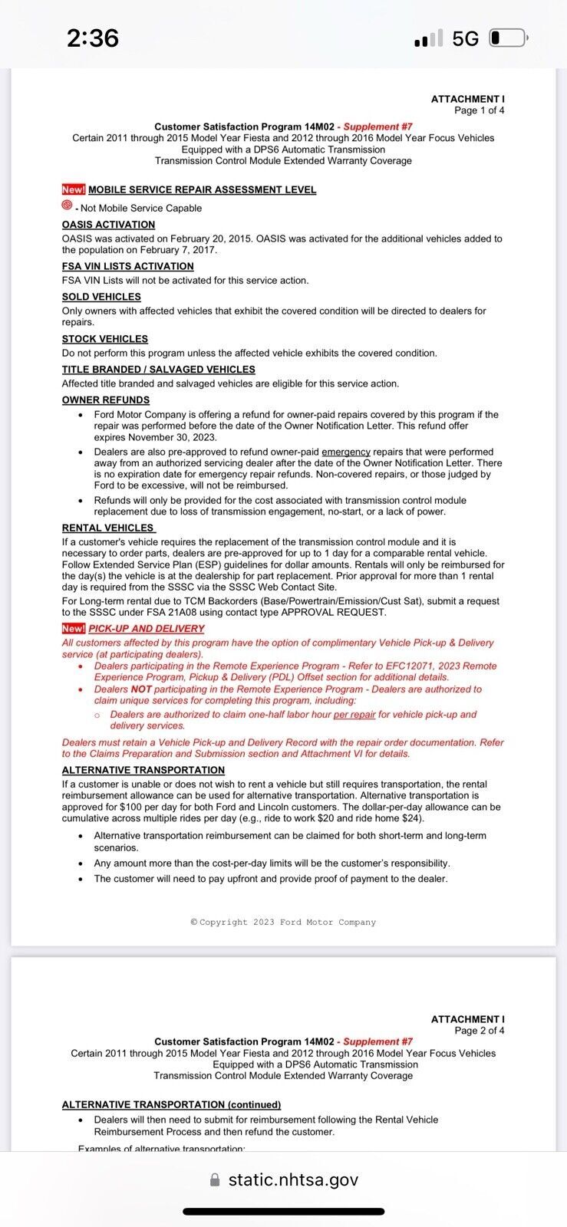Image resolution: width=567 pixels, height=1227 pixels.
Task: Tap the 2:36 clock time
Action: tap(93, 38)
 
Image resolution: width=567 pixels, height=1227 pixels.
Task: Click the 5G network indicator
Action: tap(465, 38)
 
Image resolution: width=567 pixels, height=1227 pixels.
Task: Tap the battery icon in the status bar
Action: tap(507, 38)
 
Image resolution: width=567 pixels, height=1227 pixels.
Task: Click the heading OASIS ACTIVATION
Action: tap(108, 225)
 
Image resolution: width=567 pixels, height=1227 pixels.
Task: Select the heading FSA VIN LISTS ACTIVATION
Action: tap(127, 266)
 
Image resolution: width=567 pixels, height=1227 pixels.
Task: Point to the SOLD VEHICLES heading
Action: tap(101, 297)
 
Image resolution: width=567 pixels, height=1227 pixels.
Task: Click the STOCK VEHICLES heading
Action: tap(104, 339)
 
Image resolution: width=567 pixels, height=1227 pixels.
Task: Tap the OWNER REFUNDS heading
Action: tap(106, 400)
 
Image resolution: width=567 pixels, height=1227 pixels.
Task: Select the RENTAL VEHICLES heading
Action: tap(108, 528)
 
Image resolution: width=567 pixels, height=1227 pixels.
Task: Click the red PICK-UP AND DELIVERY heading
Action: tap(146, 628)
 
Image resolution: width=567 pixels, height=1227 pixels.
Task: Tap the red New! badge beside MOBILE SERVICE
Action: tap(74, 189)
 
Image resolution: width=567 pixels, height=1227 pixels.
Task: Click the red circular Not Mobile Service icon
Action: tap(67, 206)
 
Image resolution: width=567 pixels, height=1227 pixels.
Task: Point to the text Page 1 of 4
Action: tap(479, 110)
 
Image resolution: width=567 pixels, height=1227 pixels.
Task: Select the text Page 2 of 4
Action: tap(479, 1031)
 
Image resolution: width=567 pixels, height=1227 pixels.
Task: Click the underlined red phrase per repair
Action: tap(354, 715)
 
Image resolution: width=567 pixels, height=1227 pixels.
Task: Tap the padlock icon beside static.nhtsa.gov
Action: tap(215, 1179)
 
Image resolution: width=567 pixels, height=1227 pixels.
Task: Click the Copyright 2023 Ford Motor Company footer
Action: tap(283, 922)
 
